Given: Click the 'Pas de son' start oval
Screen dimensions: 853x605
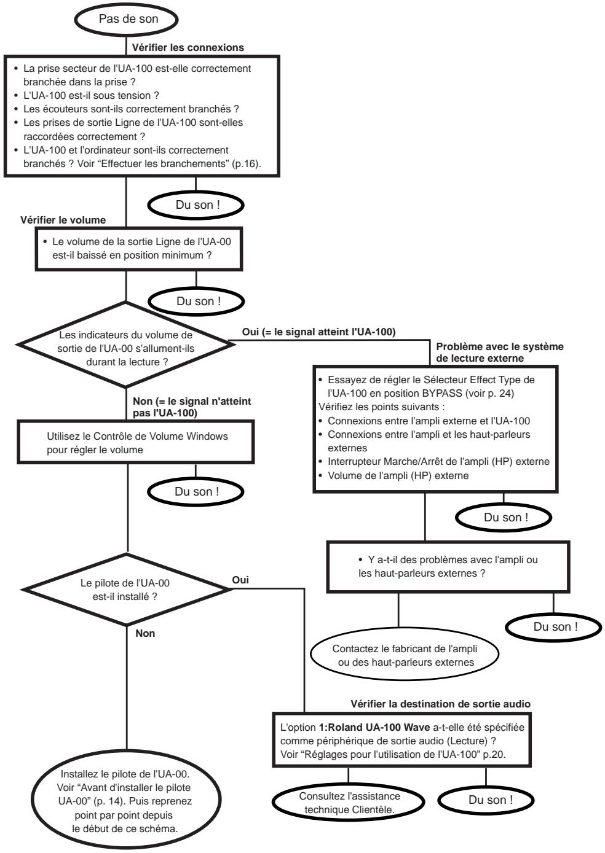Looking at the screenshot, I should (128, 19).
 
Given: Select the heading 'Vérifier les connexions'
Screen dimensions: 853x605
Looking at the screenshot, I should (188, 47).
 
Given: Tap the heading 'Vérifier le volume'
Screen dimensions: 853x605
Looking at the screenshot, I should (63, 220).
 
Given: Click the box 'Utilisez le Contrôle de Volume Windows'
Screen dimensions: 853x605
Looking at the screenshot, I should (137, 442).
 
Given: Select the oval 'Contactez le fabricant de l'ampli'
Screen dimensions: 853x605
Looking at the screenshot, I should (404, 655).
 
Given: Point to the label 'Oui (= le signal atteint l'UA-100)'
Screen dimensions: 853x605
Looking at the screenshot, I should (319, 332).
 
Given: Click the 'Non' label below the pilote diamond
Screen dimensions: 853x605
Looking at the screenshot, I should (145, 633).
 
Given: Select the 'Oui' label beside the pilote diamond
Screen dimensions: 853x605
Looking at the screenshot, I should (240, 579).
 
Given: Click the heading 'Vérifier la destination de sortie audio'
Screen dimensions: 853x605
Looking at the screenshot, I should (440, 704).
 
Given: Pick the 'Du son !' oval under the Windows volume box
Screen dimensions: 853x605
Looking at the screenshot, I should (196, 492).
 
